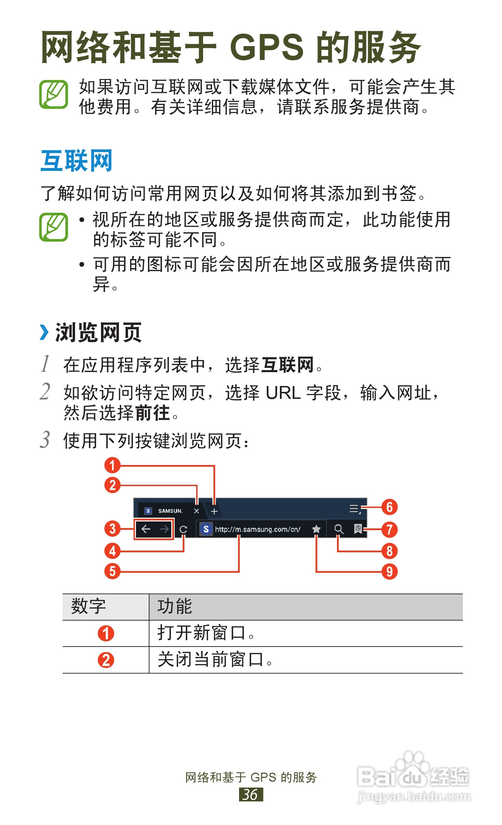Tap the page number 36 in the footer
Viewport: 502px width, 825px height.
[251, 794]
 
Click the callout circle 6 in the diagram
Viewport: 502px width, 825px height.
[389, 507]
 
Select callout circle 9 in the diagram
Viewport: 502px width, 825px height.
[389, 571]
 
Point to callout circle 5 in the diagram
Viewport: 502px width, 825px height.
[112, 571]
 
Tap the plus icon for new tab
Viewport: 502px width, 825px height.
[214, 511]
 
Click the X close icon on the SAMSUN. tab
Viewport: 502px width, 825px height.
[197, 511]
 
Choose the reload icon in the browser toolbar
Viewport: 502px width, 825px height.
[183, 529]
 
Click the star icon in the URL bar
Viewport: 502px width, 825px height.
[316, 529]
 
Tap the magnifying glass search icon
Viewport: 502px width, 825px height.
[339, 529]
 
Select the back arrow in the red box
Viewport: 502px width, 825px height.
[146, 529]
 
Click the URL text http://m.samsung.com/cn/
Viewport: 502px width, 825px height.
[258, 529]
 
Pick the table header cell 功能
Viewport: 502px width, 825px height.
[175, 606]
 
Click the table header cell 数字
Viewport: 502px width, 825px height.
[89, 606]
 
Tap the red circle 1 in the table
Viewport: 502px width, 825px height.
[106, 633]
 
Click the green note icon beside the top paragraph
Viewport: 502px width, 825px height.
[54, 94]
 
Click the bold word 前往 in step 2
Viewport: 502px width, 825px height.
[152, 413]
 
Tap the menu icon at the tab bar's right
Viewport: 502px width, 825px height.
[355, 509]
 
